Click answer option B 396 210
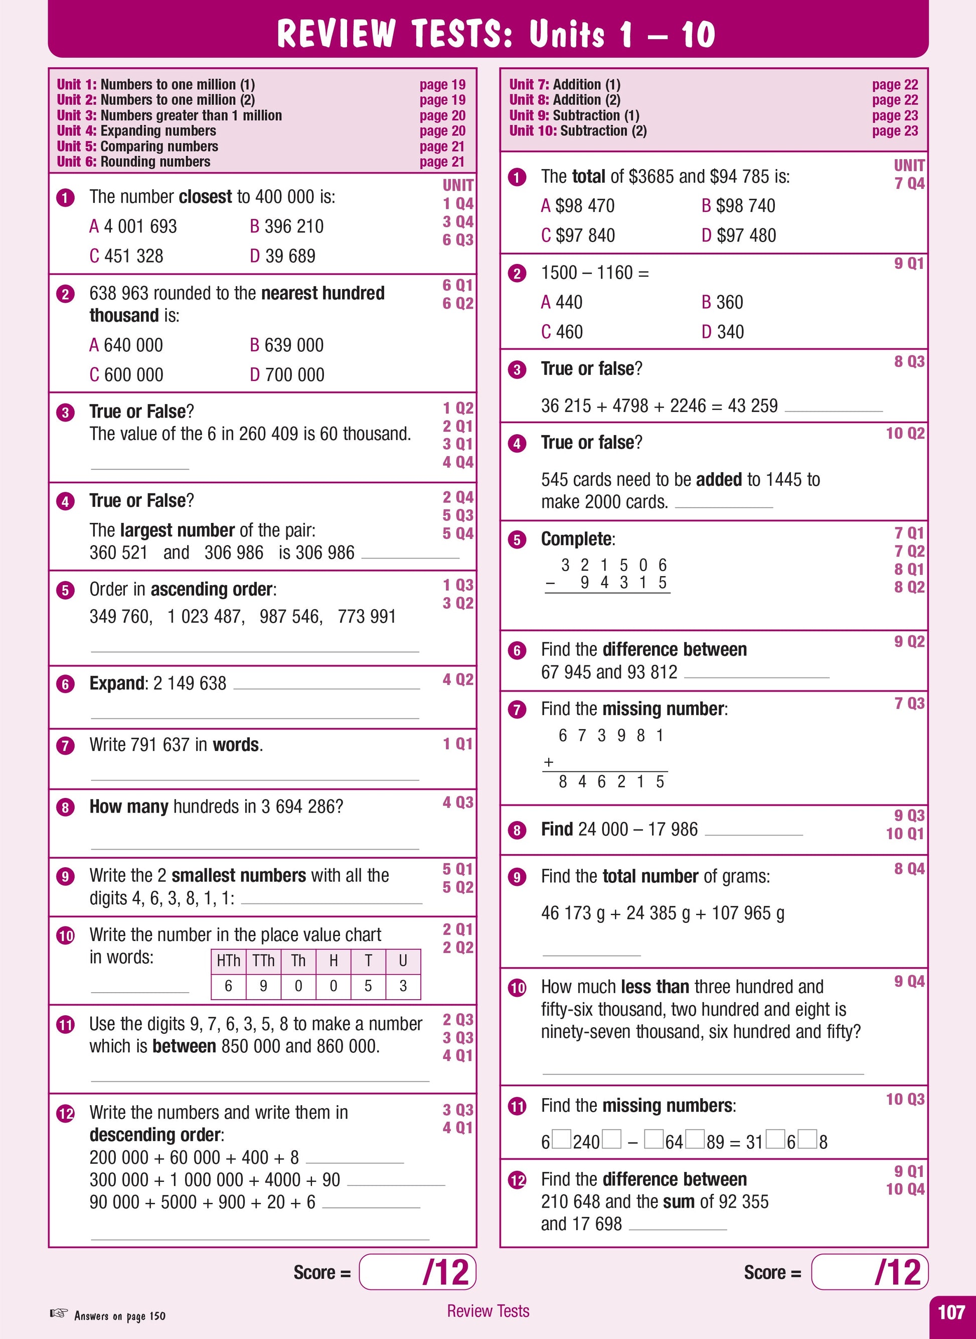[x=286, y=226]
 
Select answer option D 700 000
[x=286, y=375]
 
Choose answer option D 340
[x=723, y=332]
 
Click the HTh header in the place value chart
[x=228, y=961]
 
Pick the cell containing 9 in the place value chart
[x=263, y=986]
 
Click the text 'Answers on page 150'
[x=119, y=1316]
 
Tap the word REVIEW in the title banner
[x=336, y=34]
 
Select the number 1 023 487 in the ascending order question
[x=205, y=617]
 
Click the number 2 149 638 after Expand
[x=190, y=684]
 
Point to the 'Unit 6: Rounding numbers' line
[x=133, y=162]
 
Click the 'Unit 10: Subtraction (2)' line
[x=578, y=130]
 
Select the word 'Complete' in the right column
[x=577, y=539]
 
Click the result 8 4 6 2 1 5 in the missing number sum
[x=611, y=782]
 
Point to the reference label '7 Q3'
[x=909, y=704]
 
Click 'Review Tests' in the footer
[x=488, y=1311]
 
